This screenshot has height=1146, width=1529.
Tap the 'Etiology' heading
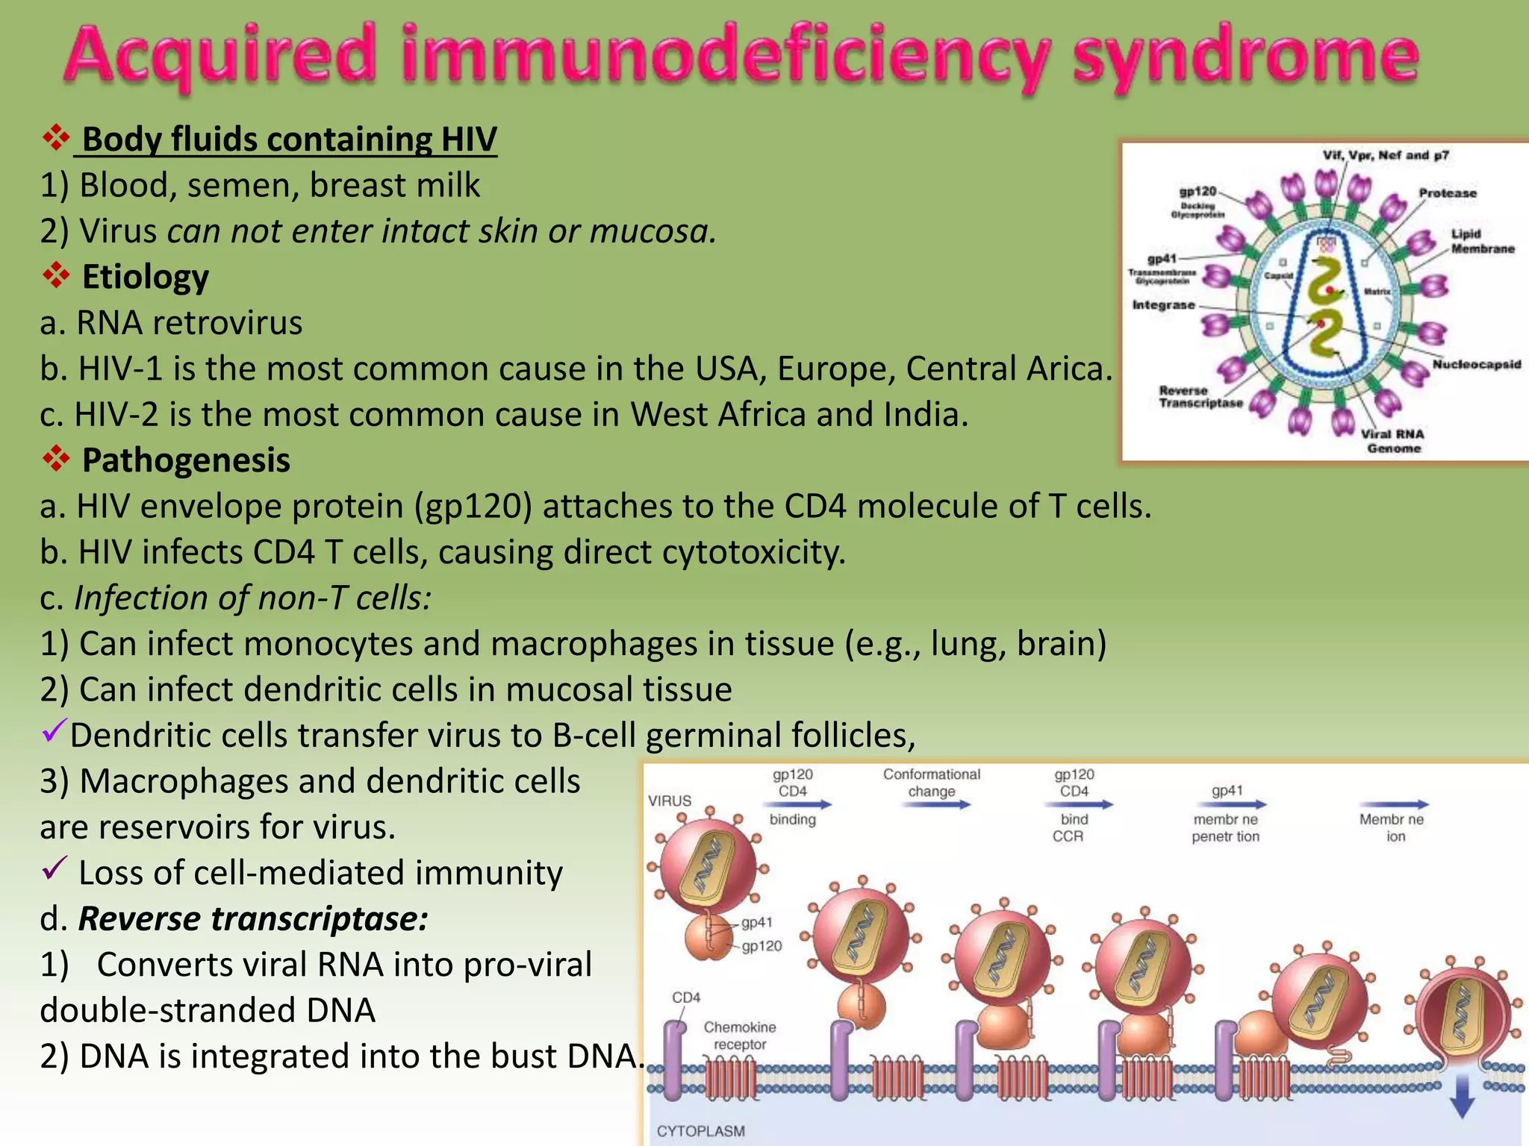click(145, 277)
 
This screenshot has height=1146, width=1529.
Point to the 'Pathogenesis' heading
click(186, 460)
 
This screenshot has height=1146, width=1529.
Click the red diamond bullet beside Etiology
click(56, 275)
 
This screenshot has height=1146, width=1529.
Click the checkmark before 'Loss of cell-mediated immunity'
click(55, 868)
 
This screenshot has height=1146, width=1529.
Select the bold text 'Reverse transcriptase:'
click(253, 918)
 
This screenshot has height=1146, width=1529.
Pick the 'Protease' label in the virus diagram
click(1447, 193)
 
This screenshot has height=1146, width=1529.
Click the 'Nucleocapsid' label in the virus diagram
click(1476, 364)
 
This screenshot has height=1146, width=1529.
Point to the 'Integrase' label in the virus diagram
click(1163, 305)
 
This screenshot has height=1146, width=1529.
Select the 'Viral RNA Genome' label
click(1392, 441)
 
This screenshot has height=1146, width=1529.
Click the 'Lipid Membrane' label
click(1482, 241)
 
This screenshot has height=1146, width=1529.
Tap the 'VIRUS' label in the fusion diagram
click(670, 801)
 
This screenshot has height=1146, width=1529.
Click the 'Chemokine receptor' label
click(739, 1036)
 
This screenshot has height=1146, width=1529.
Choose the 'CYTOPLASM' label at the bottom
click(700, 1131)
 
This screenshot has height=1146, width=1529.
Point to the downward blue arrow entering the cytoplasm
click(1462, 1096)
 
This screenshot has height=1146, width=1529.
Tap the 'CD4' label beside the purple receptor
click(686, 998)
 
